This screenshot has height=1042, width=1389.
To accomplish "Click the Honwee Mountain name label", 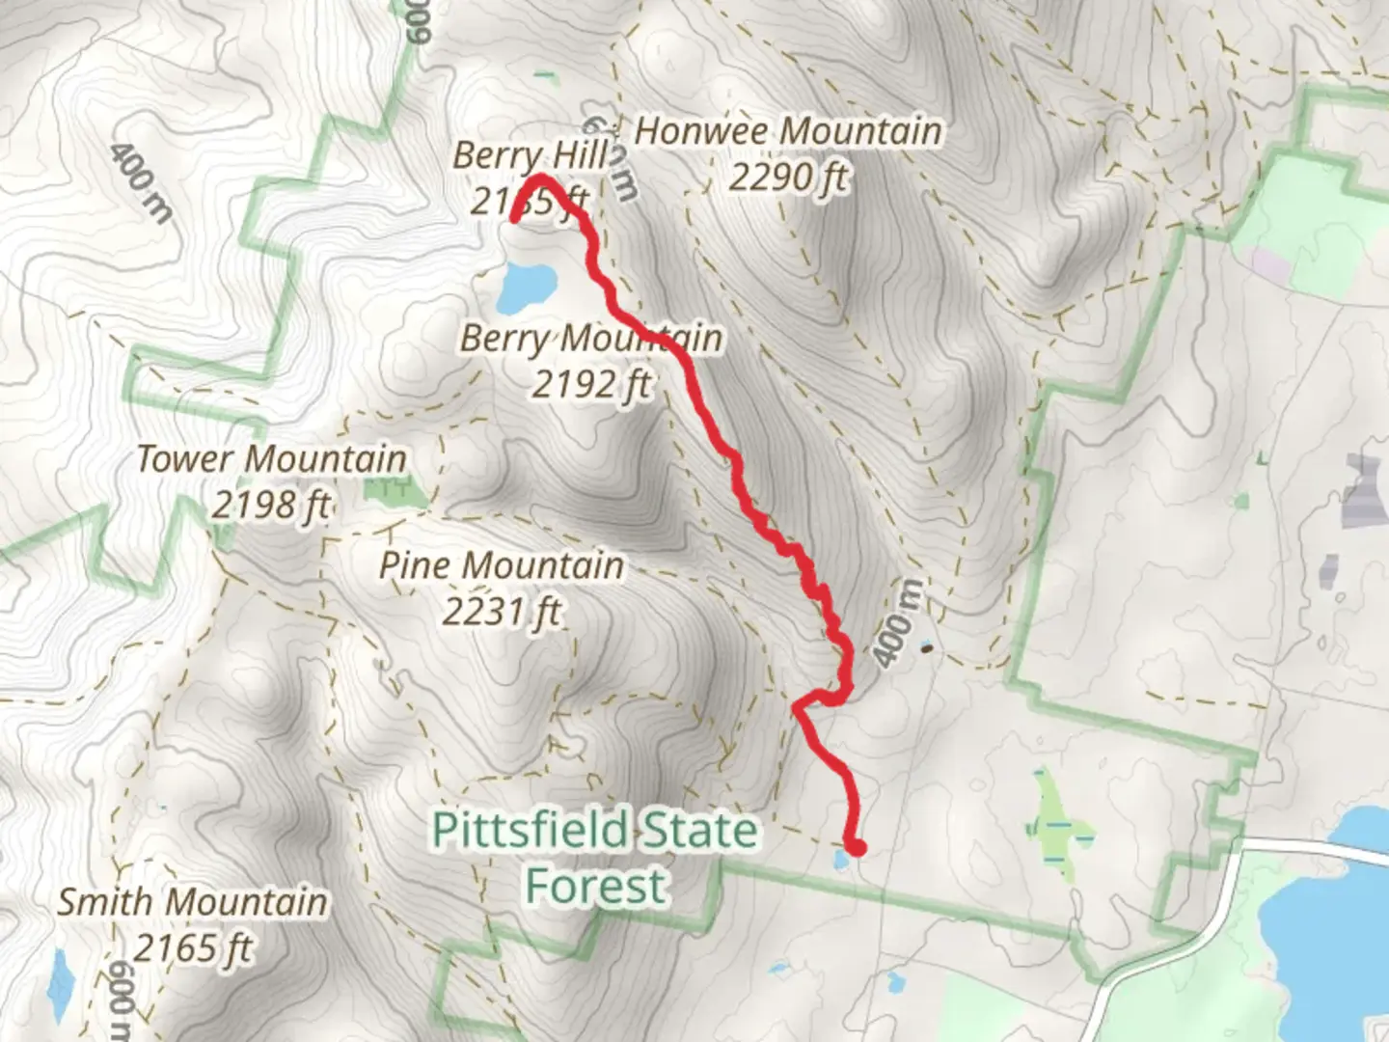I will [788, 132].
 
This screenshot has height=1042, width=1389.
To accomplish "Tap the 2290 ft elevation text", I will [788, 178].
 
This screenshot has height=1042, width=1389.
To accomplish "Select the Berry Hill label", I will [531, 154].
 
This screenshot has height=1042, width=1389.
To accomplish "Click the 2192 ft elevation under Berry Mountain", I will [591, 384].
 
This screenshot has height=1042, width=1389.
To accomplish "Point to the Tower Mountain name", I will [271, 459].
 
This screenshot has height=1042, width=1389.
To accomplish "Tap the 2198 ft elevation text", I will [271, 504].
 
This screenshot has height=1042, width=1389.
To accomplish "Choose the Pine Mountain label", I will [501, 565].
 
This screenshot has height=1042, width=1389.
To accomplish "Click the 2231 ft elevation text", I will [501, 611].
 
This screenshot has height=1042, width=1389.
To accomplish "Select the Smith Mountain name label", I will [192, 902].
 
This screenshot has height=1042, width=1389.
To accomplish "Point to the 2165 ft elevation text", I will [192, 947].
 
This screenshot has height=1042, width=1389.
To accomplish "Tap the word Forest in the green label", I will [595, 886].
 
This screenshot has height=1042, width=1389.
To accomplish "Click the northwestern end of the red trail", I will [514, 219].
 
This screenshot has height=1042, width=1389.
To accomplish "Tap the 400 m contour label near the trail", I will [896, 624].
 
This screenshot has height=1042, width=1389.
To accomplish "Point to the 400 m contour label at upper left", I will [141, 183].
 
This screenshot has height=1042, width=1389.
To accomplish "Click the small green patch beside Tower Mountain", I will [395, 493].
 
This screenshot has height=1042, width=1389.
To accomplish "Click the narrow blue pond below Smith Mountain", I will [61, 984].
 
